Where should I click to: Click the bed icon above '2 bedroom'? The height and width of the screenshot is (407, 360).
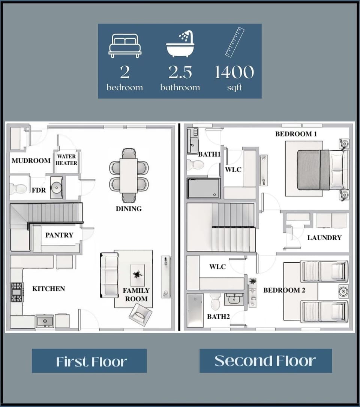coord(125,46)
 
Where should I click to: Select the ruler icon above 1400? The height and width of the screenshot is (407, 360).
coord(235,42)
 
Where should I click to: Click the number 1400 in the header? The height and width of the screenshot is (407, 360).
coord(234,72)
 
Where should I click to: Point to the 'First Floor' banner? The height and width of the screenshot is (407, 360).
coord(89,361)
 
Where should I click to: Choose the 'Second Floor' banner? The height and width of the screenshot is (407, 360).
coord(265,361)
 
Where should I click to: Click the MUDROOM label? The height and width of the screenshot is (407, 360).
coord(31,160)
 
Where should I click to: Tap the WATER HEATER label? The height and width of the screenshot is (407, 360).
coord(67,160)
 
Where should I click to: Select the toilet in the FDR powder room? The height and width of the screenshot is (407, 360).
coord(18,189)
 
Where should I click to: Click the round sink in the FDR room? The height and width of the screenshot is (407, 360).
coord(57,187)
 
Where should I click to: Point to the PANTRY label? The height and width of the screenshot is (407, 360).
coord(59,235)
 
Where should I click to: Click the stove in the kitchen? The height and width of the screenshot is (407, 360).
coord(17,292)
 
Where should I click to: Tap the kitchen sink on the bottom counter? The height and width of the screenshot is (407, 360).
coord(45,322)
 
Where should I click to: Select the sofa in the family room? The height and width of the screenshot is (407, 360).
coord(109,275)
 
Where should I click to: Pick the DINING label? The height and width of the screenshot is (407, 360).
coord(129,209)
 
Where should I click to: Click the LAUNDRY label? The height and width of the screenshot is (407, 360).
coord(324,238)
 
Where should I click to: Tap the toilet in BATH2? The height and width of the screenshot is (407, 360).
coord(215,301)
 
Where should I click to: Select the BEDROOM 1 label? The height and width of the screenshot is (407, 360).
coord(294,134)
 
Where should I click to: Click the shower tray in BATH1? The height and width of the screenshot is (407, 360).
coord(204,188)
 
